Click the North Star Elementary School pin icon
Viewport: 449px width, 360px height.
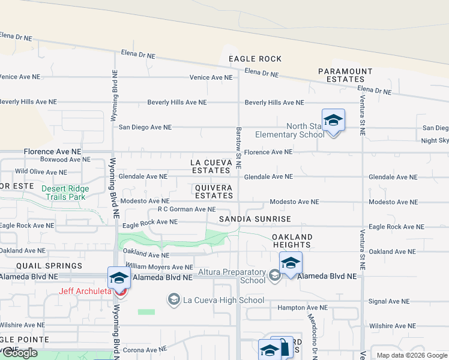coord(333,121)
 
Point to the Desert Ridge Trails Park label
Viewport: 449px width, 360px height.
coord(65,193)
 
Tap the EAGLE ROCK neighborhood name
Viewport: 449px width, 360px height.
coord(255,59)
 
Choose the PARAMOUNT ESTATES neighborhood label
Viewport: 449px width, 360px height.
coord(345,75)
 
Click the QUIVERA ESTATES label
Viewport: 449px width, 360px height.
coord(214,191)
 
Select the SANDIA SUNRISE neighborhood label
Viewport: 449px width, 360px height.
coord(255,219)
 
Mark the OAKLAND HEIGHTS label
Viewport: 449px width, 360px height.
coord(292,241)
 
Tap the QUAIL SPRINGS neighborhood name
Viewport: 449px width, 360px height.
coord(41,266)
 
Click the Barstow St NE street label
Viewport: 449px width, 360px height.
coord(238,148)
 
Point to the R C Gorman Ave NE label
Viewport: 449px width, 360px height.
coord(186,209)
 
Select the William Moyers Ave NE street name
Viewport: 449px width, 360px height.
coord(159,267)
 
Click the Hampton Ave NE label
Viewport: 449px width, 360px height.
coord(303,307)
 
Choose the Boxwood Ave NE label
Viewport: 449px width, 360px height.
coord(65,160)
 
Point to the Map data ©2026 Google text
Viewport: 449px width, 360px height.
coord(411,355)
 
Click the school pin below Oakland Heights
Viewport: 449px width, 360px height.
coord(291,263)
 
